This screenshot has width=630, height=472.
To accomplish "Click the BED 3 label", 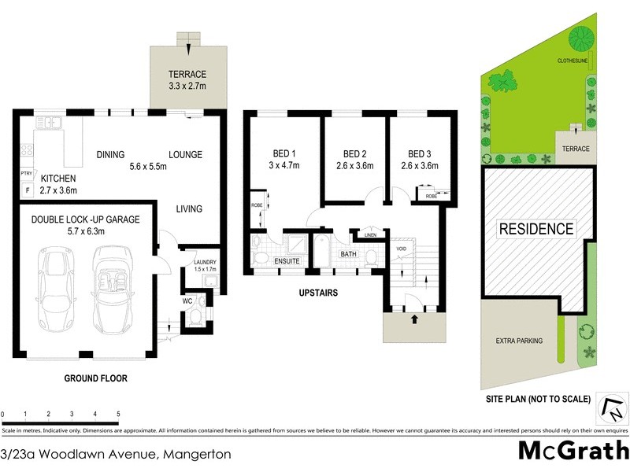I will (x=420, y=153).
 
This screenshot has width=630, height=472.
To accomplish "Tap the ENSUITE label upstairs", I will (x=287, y=260).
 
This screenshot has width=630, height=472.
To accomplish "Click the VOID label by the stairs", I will (x=401, y=249).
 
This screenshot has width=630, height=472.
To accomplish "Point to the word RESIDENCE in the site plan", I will (x=535, y=229).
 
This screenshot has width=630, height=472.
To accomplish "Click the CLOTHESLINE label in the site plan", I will (x=573, y=61).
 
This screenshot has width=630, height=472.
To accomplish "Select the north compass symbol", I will (x=611, y=407).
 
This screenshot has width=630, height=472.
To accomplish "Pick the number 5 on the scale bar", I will (x=117, y=414).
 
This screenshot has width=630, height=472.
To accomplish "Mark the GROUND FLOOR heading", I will (x=95, y=378).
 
